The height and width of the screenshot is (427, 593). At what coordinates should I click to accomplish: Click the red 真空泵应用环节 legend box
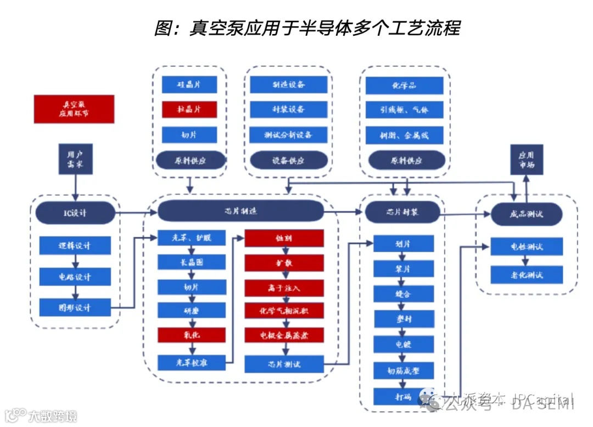[74, 109]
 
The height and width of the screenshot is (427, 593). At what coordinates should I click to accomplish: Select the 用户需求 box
[75, 159]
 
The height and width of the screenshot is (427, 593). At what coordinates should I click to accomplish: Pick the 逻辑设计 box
[75, 246]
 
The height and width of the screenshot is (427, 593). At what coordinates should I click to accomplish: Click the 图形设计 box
[75, 308]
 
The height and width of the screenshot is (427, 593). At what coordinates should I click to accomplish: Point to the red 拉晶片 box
[189, 109]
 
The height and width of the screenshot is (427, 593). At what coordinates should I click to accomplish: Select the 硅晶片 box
[189, 85]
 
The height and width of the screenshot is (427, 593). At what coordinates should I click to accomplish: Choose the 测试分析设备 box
[288, 135]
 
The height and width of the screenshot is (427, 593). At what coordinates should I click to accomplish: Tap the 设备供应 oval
[288, 160]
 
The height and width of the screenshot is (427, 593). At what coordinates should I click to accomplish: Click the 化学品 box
[404, 85]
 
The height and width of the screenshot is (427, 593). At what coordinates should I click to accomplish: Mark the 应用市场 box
[527, 159]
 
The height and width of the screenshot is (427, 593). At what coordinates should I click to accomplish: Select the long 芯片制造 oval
[240, 210]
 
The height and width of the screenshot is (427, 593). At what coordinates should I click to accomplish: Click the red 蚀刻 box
[284, 239]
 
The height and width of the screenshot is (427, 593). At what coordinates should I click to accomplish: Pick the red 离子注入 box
[284, 287]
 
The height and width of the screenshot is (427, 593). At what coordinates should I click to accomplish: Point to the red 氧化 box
[192, 335]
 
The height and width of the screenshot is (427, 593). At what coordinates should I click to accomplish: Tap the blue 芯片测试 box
[284, 364]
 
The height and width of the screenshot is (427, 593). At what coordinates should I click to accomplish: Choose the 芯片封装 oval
[402, 211]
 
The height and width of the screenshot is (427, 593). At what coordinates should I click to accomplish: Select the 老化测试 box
[527, 275]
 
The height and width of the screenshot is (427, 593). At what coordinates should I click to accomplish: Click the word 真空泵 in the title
[217, 28]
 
